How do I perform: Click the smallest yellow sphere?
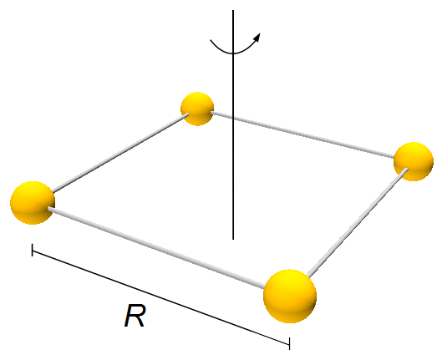click(x=197, y=109)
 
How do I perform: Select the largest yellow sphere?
click(x=290, y=296)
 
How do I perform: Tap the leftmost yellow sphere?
click(x=33, y=203)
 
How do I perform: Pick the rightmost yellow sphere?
click(x=414, y=161)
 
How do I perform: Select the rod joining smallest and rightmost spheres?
click(x=302, y=134)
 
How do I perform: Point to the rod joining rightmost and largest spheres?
click(x=358, y=222)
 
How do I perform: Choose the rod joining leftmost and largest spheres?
click(x=156, y=248)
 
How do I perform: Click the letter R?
click(x=135, y=316)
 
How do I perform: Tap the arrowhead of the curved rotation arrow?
click(x=257, y=37)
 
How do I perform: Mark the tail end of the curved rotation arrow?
click(x=211, y=40)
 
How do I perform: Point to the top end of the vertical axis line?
click(x=233, y=10)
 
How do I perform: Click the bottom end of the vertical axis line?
click(x=233, y=240)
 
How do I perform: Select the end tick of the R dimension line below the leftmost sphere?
click(x=33, y=250)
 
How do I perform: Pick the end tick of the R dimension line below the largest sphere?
click(x=289, y=343)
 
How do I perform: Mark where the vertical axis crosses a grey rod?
click(x=233, y=117)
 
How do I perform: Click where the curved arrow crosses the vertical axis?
click(x=233, y=53)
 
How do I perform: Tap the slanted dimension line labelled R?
click(x=161, y=297)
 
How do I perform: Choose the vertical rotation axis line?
click(x=233, y=124)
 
